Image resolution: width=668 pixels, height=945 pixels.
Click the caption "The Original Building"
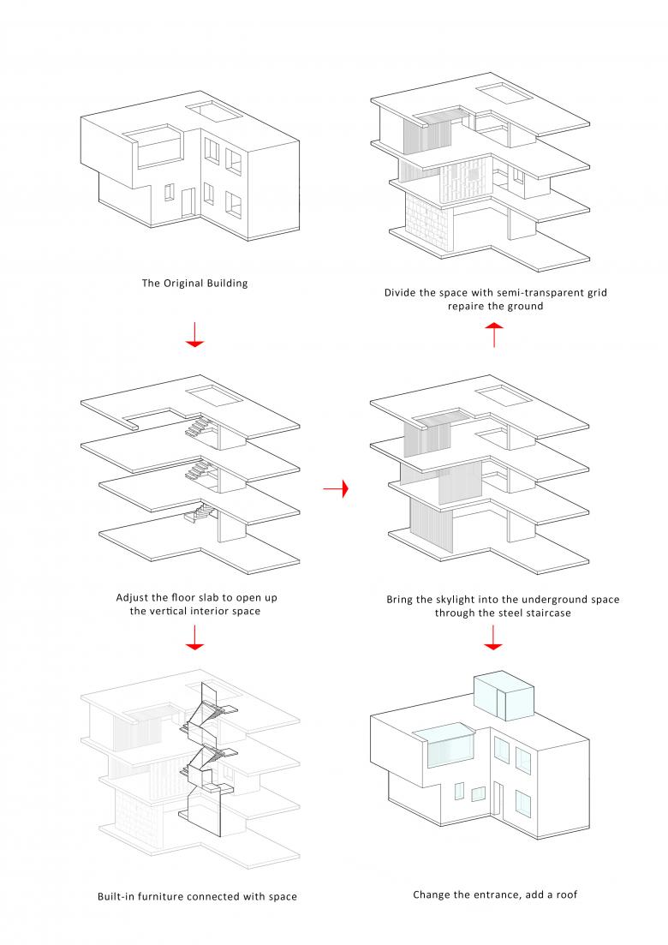194,283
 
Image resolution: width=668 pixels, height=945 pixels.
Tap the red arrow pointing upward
494,334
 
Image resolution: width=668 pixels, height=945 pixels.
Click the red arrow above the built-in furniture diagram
195,637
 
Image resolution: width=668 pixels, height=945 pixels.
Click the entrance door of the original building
188,201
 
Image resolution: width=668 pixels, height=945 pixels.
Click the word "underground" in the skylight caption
541,600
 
